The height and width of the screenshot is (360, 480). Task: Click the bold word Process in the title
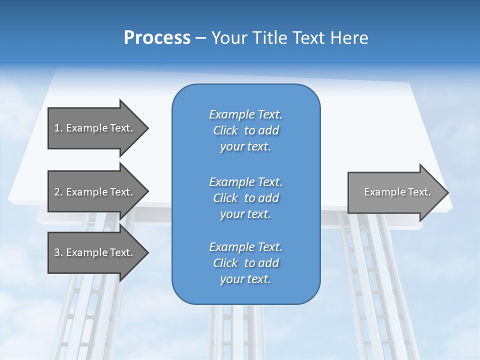click(157, 37)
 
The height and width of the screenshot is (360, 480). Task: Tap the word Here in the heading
click(349, 37)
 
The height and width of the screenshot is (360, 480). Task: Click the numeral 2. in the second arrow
click(58, 192)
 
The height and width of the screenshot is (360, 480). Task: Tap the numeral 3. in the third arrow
click(58, 252)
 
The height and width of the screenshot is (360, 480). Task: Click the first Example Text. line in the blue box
click(245, 114)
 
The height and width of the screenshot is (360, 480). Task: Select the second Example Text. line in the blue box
click(245, 181)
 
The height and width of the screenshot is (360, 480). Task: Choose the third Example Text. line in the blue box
click(245, 247)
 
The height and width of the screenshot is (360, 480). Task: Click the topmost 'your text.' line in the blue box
click(245, 147)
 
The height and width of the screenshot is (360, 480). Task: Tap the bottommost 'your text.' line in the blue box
click(245, 279)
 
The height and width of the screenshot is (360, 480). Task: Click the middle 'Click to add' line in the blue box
click(245, 198)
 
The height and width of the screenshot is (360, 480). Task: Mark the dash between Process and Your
click(201, 38)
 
